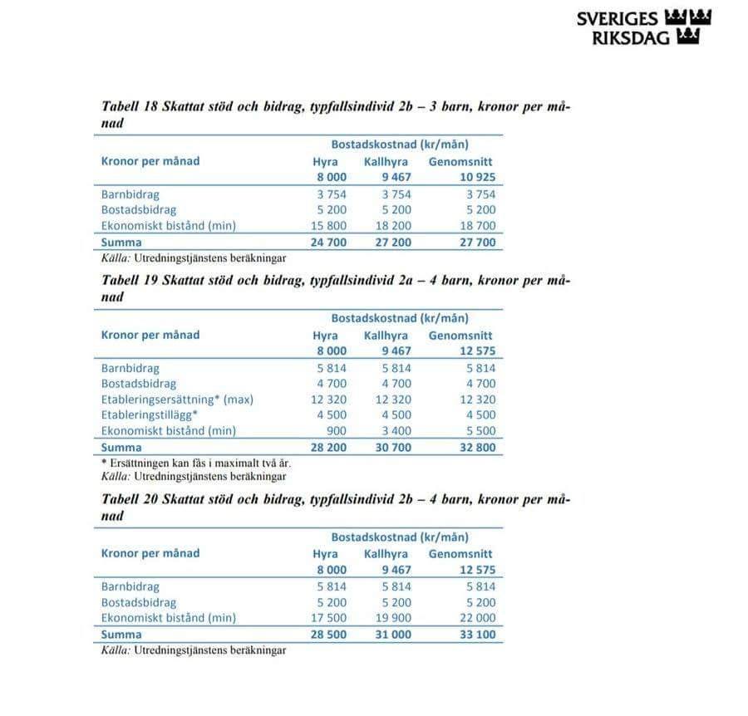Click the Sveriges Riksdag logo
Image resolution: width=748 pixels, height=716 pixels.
coord(644,27)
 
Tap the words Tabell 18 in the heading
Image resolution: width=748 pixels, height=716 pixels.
coord(128,107)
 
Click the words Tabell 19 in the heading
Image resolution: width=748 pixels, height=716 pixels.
coord(128,281)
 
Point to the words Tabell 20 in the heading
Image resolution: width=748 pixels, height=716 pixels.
coord(128,500)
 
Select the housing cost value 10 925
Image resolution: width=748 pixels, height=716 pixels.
coord(477,178)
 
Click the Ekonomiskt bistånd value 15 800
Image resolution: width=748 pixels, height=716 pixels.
coord(330,226)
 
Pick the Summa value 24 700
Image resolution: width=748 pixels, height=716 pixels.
coord(330,243)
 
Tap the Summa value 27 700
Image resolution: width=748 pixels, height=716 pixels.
coord(477,243)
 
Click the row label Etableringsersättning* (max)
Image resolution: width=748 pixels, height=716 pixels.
coord(177,400)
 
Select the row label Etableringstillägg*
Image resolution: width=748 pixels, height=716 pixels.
coord(150,415)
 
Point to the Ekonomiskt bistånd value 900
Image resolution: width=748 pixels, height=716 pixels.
coord(337,431)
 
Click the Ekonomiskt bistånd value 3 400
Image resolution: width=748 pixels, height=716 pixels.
coord(396,431)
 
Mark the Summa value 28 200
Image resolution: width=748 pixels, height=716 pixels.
coord(330,448)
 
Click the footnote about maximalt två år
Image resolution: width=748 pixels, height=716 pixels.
coord(189,463)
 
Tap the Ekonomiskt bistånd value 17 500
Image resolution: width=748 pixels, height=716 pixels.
coord(330,618)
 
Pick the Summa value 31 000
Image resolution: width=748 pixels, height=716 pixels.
coord(394,635)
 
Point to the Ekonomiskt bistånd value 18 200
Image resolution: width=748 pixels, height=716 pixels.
coord(394,226)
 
